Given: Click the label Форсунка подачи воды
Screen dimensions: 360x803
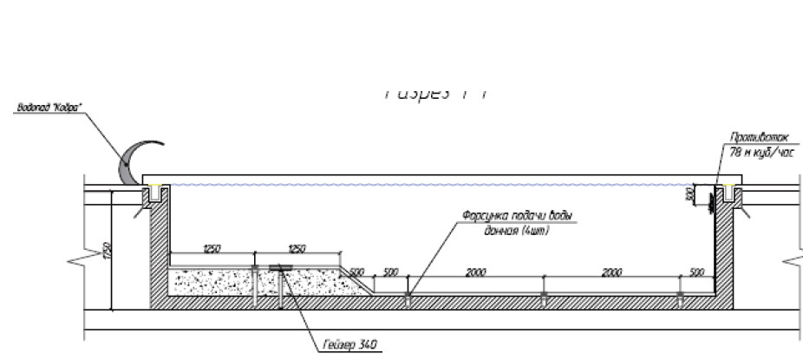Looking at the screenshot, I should tap(519, 218).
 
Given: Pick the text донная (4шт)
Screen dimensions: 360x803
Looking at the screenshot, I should tap(517, 231).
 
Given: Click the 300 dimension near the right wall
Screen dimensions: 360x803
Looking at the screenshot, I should tap(689, 193).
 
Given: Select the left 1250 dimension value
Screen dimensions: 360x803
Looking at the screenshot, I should tap(212, 249).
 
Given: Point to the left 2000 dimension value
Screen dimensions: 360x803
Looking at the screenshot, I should tap(475, 272).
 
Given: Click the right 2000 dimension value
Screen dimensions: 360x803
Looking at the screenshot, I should tap(611, 272).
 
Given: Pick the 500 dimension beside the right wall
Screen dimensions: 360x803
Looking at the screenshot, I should tap(695, 272).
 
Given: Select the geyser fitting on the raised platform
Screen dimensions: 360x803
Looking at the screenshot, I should tap(280, 268).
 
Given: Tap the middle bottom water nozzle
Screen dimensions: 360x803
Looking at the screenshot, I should tap(544, 296).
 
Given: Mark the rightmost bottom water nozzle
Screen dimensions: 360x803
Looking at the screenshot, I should tap(679, 296).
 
